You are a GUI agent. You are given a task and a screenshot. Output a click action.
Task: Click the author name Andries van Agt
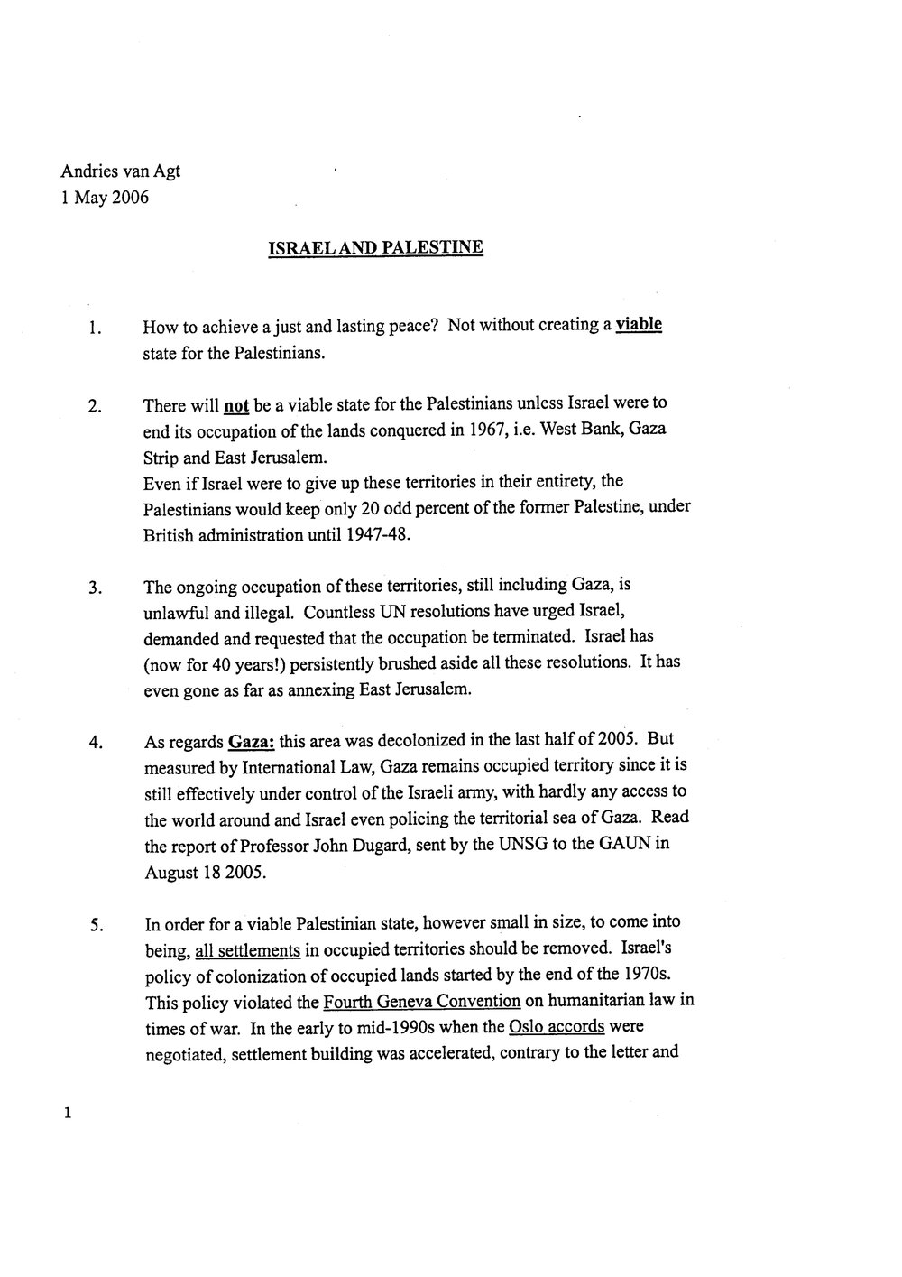coord(120,171)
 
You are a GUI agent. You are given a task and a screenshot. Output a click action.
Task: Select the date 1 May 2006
coord(105,198)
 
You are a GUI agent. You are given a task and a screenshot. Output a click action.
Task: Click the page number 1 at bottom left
coord(67,1115)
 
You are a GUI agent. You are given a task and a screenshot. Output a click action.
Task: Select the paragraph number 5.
coord(93,925)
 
